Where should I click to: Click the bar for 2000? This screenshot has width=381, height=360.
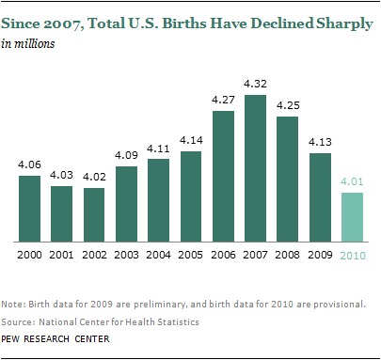[x=30, y=208]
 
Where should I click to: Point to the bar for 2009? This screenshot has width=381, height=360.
[x=321, y=196]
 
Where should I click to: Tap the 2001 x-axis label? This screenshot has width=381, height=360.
[x=62, y=253]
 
